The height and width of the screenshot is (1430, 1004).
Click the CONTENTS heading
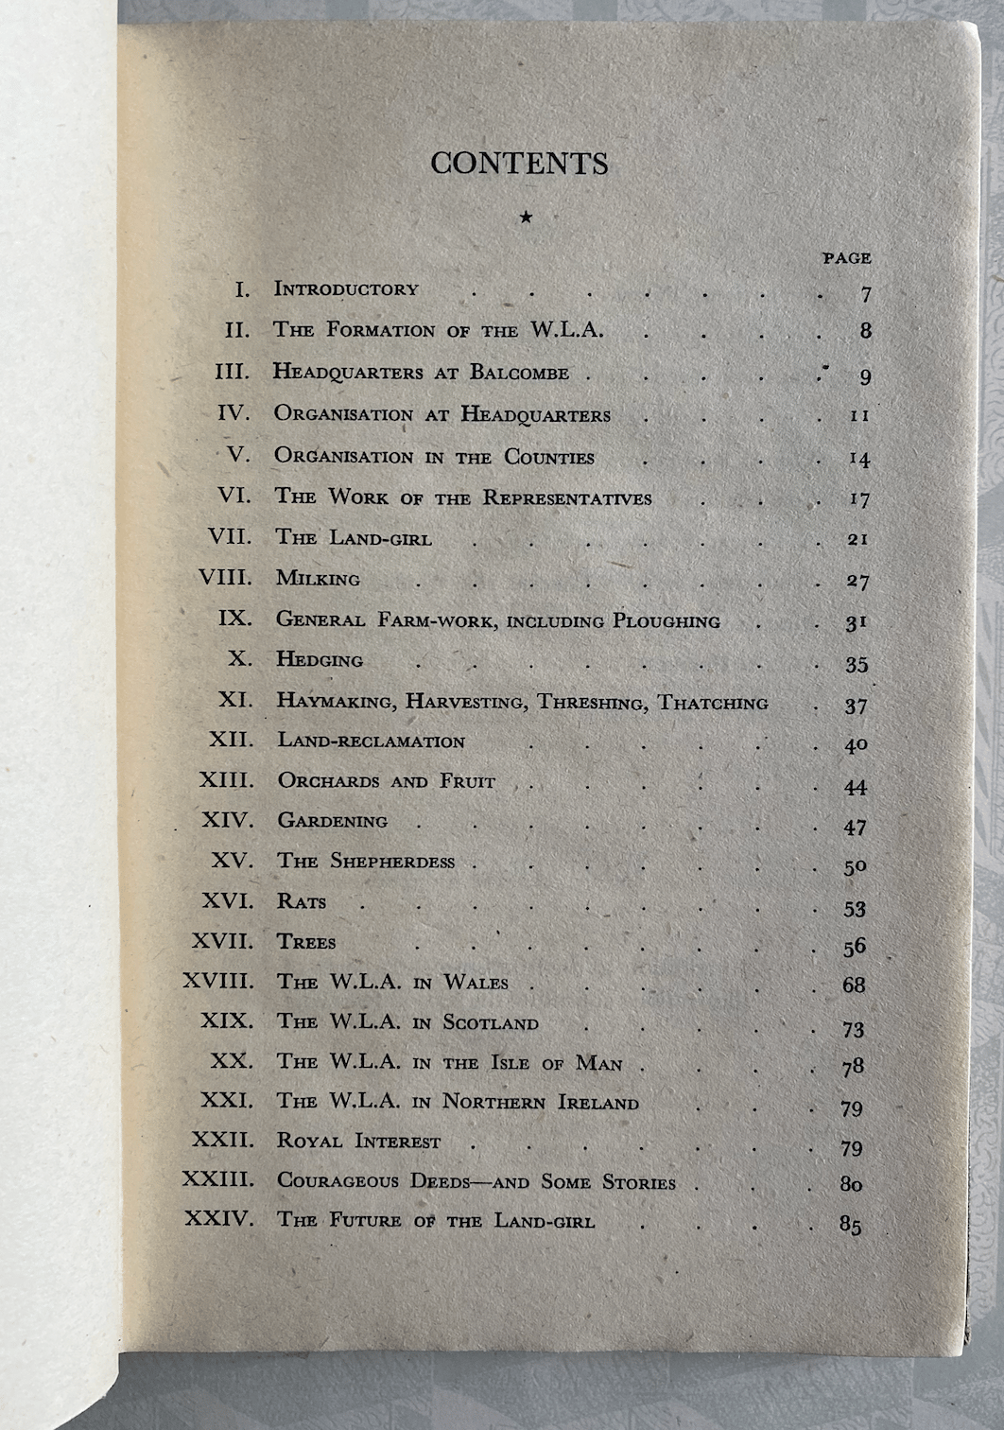pyautogui.click(x=519, y=163)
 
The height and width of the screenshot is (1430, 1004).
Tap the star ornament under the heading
pyautogui.click(x=526, y=218)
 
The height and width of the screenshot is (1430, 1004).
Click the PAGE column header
pyautogui.click(x=846, y=257)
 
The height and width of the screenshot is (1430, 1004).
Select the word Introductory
pyautogui.click(x=346, y=289)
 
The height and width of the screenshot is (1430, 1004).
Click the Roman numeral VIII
pyautogui.click(x=225, y=577)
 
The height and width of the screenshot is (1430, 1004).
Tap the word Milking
pyautogui.click(x=318, y=578)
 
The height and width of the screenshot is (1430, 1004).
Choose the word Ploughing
pyautogui.click(x=666, y=621)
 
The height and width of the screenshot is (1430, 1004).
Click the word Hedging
pyautogui.click(x=320, y=659)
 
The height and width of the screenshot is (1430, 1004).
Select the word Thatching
pyautogui.click(x=713, y=703)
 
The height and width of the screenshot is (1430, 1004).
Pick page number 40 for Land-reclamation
pyautogui.click(x=856, y=745)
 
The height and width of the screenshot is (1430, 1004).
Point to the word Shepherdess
pyautogui.click(x=392, y=862)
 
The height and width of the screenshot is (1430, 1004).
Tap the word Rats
pyautogui.click(x=302, y=901)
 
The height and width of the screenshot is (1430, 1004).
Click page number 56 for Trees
pyautogui.click(x=855, y=947)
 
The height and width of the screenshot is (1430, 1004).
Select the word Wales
pyautogui.click(x=476, y=983)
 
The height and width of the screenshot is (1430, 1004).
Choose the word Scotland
pyautogui.click(x=491, y=1022)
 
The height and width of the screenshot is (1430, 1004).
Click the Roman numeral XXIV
pyautogui.click(x=219, y=1218)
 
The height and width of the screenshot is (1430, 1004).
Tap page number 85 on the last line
pyautogui.click(x=850, y=1225)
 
